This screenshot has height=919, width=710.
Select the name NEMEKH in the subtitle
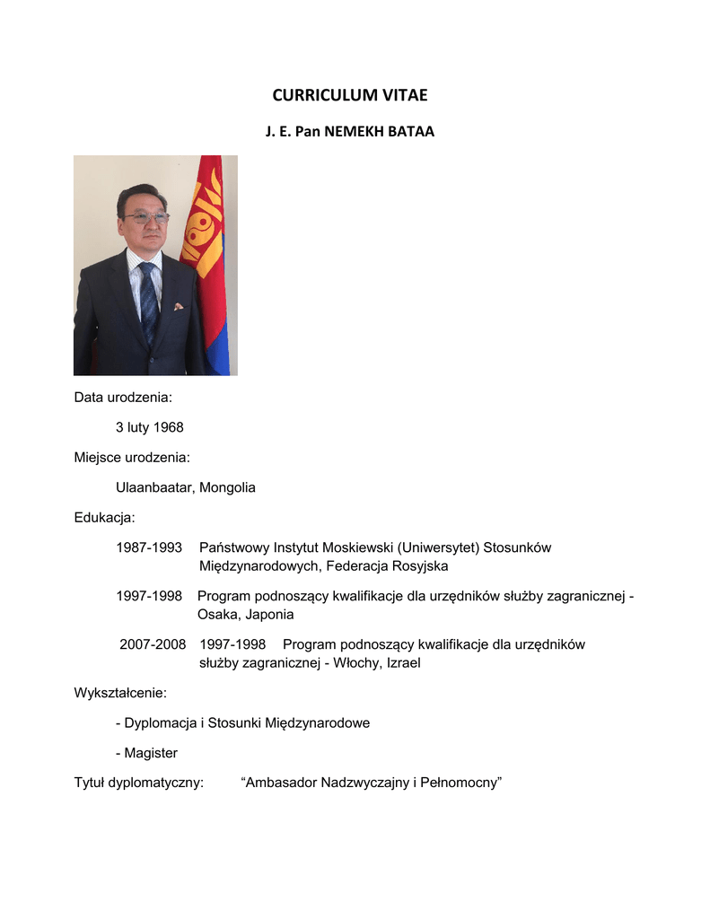tap(355, 132)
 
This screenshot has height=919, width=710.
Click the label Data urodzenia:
tap(123, 398)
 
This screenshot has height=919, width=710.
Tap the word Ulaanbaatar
tap(155, 487)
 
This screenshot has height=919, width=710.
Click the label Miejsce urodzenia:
tap(132, 458)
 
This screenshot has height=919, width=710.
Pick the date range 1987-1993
tap(149, 547)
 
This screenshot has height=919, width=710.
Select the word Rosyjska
tap(420, 566)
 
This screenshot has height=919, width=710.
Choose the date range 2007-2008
tap(153, 644)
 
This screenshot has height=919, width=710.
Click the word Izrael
tap(402, 663)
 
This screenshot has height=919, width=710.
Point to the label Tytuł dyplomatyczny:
tap(139, 783)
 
